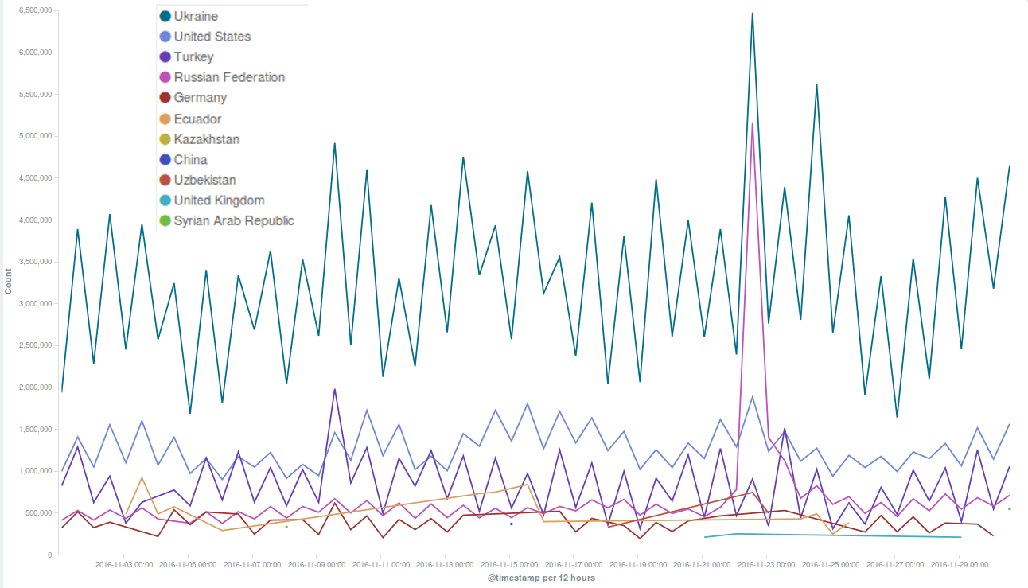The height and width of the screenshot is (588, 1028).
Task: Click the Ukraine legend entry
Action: [196, 16]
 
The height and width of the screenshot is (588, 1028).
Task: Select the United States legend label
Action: [212, 37]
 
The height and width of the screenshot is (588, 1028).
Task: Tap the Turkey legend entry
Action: [193, 57]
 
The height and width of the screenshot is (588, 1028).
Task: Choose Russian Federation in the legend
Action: [229, 77]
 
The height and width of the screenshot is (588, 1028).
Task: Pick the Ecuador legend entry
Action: [197, 119]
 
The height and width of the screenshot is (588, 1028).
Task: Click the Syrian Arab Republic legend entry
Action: [234, 220]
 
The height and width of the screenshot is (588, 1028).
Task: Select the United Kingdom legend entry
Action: [219, 201]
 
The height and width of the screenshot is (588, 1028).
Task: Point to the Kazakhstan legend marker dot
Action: [165, 139]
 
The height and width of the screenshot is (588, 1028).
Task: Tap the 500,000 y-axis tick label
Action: [38, 513]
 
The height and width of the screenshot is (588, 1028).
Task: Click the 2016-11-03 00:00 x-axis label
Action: [124, 565]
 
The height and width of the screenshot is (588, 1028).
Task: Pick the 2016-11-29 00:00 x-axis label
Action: [960, 565]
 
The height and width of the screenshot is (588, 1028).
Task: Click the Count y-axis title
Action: [9, 282]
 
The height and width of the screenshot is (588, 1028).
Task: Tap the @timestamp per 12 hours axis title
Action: [541, 578]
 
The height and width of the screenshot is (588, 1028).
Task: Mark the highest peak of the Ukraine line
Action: [751, 14]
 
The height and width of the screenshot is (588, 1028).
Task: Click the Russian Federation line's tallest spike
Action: [752, 123]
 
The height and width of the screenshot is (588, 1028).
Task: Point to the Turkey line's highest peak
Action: [334, 389]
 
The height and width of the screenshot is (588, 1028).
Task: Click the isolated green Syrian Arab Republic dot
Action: [1009, 508]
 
